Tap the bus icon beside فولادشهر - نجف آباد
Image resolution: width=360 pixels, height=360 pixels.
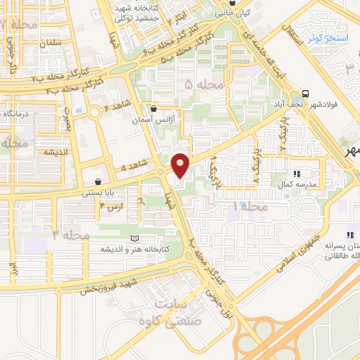[305, 93]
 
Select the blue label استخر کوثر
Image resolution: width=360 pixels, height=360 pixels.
[324, 38]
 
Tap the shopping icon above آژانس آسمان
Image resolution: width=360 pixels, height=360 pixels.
[154, 108]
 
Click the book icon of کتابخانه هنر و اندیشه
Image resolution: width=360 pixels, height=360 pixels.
[136, 239]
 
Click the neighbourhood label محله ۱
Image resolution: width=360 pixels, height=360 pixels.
[254, 207]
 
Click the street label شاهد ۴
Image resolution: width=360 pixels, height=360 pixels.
[134, 167]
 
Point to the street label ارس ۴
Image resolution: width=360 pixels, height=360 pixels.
[111, 207]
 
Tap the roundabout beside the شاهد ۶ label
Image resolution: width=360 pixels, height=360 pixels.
[94, 112]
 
